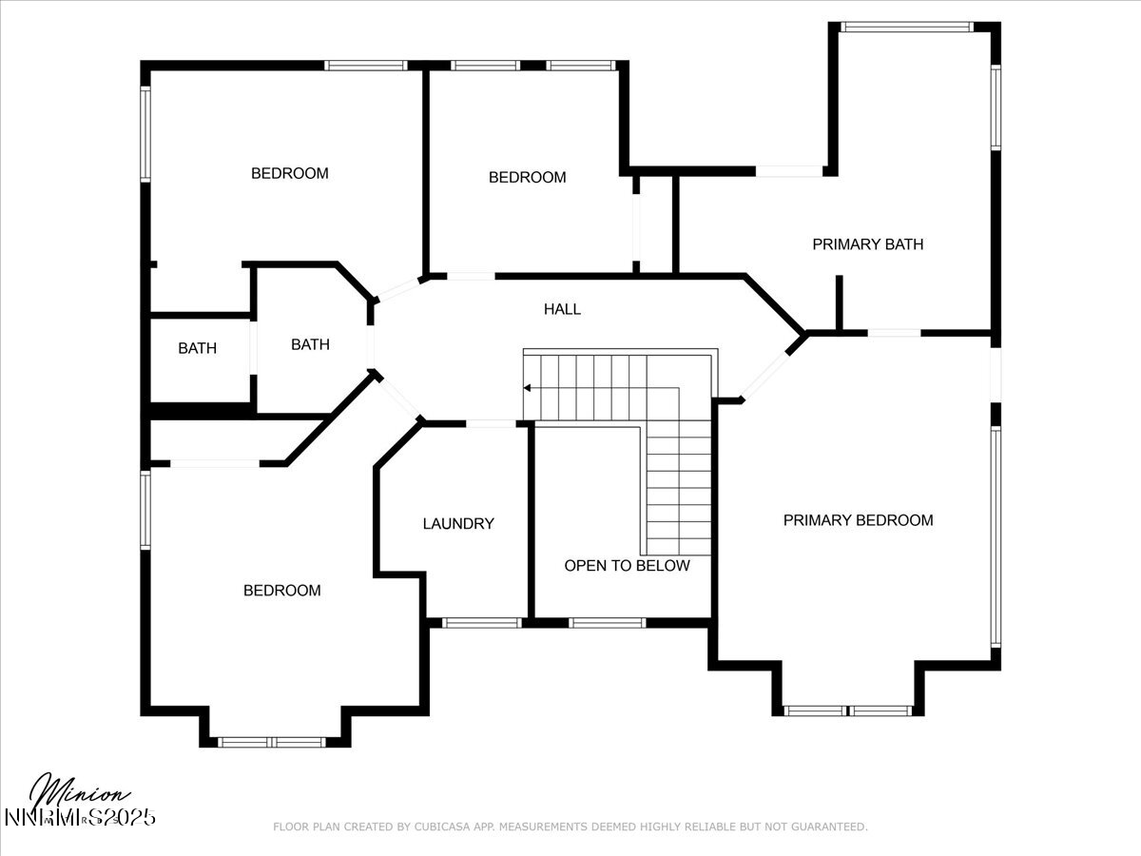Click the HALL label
pos(562,309)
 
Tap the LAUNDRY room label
pos(458,523)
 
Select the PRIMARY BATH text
pos(867,244)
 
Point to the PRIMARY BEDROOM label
pos(858,520)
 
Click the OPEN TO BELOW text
pos(627,566)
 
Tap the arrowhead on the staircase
pos(527,388)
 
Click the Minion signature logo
pos(80,793)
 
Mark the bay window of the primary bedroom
pos(847,710)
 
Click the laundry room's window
pos(482,623)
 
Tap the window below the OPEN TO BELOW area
pos(607,623)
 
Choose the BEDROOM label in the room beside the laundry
pos(282,591)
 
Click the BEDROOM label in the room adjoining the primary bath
pos(527,177)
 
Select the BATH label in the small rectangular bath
pos(197,348)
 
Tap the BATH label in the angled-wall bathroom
pos(310,344)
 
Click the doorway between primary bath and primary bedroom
pos(894,333)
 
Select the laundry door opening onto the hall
pos(492,423)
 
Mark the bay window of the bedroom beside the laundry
pos(272,742)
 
